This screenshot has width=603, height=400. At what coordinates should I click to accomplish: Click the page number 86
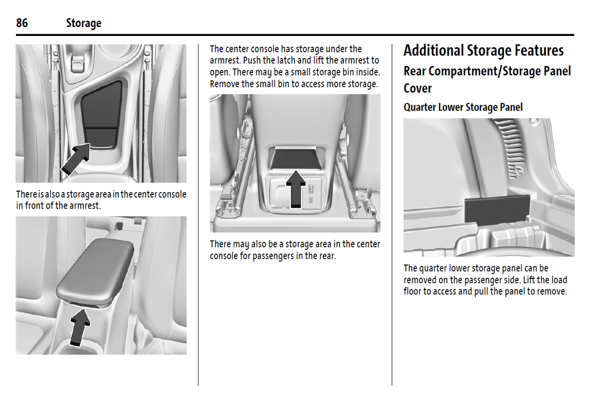point(22,23)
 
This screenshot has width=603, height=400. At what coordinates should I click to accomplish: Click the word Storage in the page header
point(84,24)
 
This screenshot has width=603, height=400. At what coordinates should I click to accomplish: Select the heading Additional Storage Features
point(483,51)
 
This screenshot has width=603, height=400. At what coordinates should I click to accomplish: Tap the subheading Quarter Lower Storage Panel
point(463,107)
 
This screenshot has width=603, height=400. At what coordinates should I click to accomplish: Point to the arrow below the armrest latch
point(79,327)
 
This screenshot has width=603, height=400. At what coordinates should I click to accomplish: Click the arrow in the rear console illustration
point(296,189)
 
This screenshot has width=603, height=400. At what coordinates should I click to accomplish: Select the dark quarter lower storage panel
point(498,209)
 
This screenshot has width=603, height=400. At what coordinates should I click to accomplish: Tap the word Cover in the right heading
point(417,88)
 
